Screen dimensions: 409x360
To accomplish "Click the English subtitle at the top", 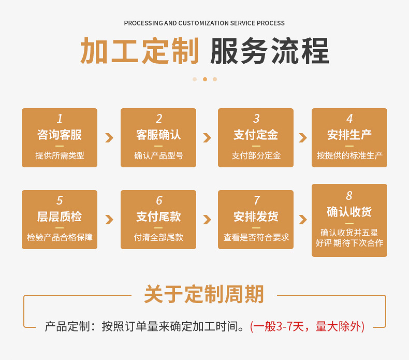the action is [x=204, y=23].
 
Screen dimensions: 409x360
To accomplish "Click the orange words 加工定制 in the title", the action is [x=140, y=51].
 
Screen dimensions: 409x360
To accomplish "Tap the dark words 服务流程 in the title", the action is [x=269, y=51].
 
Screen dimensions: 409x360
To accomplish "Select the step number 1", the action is [x=60, y=119].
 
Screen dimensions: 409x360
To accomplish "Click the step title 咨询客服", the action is [x=60, y=135].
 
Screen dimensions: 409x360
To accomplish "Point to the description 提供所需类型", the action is [x=60, y=155].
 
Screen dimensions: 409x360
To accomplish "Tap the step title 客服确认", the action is [x=158, y=135].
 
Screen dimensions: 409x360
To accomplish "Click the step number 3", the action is [x=256, y=119].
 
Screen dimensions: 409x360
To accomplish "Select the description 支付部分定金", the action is [x=256, y=155].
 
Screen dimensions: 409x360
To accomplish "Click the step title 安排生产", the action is [x=349, y=135].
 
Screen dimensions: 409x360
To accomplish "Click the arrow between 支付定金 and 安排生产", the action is [x=302, y=138].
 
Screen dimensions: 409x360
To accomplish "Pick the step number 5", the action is [x=60, y=200].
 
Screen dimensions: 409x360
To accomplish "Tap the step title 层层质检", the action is [x=60, y=217].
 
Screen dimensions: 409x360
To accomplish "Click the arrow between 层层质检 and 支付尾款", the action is [x=109, y=219].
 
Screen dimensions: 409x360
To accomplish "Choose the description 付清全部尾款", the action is [x=158, y=237].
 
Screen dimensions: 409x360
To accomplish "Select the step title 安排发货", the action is [x=256, y=217].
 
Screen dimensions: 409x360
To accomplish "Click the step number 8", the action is [x=349, y=195].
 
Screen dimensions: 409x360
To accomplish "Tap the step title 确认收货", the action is [x=349, y=211].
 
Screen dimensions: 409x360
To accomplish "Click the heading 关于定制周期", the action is [x=204, y=294].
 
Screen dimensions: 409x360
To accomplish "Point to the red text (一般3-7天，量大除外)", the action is [x=308, y=326].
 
